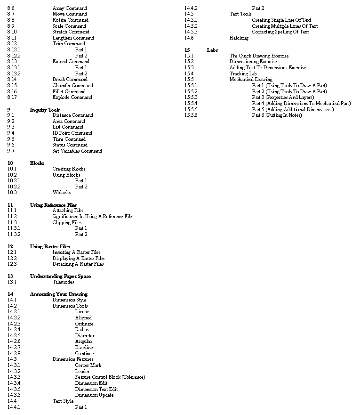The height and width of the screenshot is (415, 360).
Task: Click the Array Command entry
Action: coord(70,8)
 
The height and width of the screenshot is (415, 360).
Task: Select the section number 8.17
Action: coord(12,97)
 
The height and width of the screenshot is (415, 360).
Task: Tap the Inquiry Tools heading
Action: coord(45,110)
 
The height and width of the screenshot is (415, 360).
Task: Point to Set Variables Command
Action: coord(77,151)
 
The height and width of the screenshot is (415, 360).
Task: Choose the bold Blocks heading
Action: coord(37,163)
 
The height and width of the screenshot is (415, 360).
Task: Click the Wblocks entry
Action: coord(62,192)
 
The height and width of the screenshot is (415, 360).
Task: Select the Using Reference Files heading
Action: coord(53,205)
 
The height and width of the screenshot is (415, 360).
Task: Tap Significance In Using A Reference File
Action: coord(92,216)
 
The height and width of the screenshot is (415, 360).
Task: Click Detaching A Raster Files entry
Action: coord(78,264)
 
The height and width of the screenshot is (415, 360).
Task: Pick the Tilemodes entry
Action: coord(63,282)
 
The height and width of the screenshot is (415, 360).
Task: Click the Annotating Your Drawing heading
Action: coord(58,294)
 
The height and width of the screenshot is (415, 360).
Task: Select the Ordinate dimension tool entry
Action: coord(84,324)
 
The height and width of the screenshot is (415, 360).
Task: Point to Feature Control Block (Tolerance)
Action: coord(110,377)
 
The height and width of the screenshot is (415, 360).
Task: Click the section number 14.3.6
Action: coord(14,395)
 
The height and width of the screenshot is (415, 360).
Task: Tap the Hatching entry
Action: coord(239,38)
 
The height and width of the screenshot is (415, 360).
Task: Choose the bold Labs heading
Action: coord(212,50)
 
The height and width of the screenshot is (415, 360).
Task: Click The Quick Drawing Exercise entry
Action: coord(259,56)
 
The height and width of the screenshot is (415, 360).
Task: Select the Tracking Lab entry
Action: coord(243,73)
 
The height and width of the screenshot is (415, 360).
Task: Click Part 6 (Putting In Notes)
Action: coord(277,115)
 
